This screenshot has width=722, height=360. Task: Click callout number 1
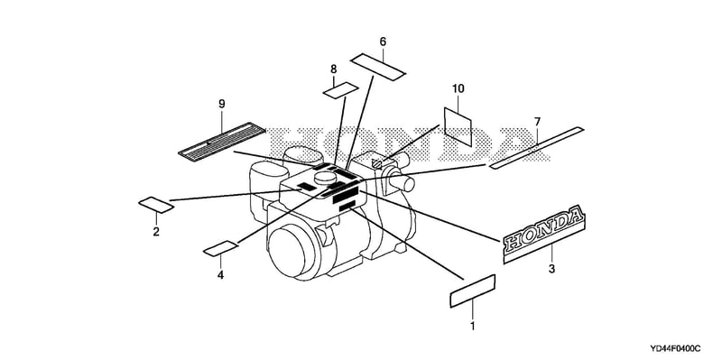472,327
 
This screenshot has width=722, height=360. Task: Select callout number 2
156,232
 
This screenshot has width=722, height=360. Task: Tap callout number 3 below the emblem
551,269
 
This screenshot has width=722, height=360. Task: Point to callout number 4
220,275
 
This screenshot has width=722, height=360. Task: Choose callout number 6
383,42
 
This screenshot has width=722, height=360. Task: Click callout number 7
537,122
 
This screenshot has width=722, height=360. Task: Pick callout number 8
333,69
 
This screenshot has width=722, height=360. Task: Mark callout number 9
221,104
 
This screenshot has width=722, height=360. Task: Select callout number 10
458,88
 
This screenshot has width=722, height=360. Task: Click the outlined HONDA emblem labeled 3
543,235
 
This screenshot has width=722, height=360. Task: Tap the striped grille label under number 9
221,142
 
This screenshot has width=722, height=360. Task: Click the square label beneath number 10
458,126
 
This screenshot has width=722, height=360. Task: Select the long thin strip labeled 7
536,148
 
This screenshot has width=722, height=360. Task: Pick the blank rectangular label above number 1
472,291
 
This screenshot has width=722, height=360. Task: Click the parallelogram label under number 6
378,67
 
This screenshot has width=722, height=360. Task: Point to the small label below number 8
341,90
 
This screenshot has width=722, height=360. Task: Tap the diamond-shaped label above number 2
156,205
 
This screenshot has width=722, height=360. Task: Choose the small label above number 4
221,248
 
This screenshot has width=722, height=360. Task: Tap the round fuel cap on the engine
326,176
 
